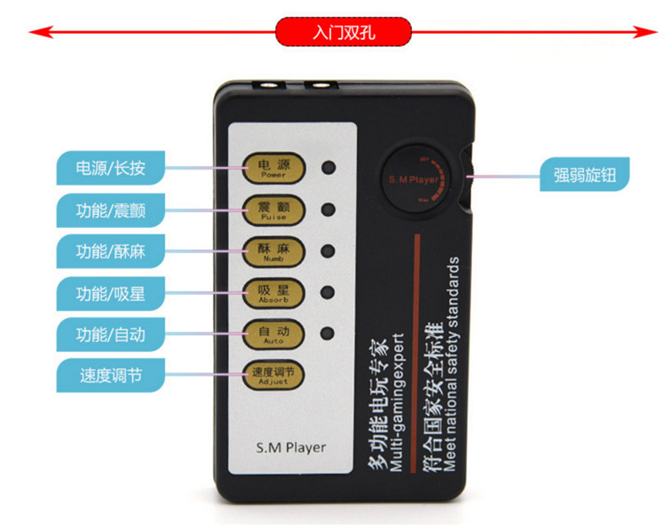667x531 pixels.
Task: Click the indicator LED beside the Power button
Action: click(329, 166)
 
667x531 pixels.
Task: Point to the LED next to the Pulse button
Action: click(329, 209)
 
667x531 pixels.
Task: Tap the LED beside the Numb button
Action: click(329, 252)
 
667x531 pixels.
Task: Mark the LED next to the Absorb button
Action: click(329, 293)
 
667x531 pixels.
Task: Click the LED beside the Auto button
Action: click(329, 333)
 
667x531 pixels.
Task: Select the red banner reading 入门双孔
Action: click(344, 33)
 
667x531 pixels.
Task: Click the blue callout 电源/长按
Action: click(110, 168)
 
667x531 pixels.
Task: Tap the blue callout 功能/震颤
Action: click(110, 209)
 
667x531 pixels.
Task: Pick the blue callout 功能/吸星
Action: click(110, 293)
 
